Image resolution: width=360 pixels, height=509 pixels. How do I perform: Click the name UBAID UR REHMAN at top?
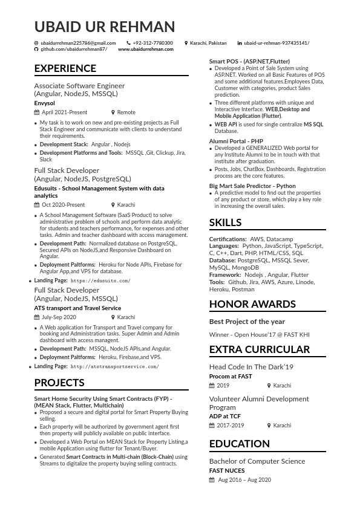[105, 27]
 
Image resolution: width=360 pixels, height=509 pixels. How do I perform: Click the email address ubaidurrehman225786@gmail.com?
[78, 43]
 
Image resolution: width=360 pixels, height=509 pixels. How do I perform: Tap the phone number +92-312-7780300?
[152, 43]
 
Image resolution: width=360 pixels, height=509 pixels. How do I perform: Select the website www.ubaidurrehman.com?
[146, 49]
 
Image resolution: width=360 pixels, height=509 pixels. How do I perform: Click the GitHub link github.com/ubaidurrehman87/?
[74, 49]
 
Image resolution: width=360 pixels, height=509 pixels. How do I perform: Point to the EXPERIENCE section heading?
[65, 68]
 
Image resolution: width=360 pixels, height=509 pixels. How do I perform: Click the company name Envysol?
[45, 103]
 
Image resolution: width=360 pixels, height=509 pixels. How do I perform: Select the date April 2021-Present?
[64, 112]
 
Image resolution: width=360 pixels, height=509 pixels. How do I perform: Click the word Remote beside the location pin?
[126, 112]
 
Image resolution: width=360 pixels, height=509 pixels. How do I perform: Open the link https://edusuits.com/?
[100, 281]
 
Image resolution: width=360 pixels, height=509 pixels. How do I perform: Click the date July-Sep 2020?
[59, 317]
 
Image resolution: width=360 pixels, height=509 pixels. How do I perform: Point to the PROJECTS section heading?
[59, 383]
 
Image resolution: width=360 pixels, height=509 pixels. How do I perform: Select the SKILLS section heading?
[225, 222]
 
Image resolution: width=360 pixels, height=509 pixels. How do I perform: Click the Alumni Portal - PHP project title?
[236, 141]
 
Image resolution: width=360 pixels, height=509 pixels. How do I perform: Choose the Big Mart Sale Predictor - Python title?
[252, 186]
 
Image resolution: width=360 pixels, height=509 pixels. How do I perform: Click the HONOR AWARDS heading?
[252, 304]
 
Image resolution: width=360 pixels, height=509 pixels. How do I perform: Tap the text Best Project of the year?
[247, 322]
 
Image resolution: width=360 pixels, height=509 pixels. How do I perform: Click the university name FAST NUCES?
[227, 470]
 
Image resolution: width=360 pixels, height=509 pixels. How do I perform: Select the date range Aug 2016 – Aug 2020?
[244, 480]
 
